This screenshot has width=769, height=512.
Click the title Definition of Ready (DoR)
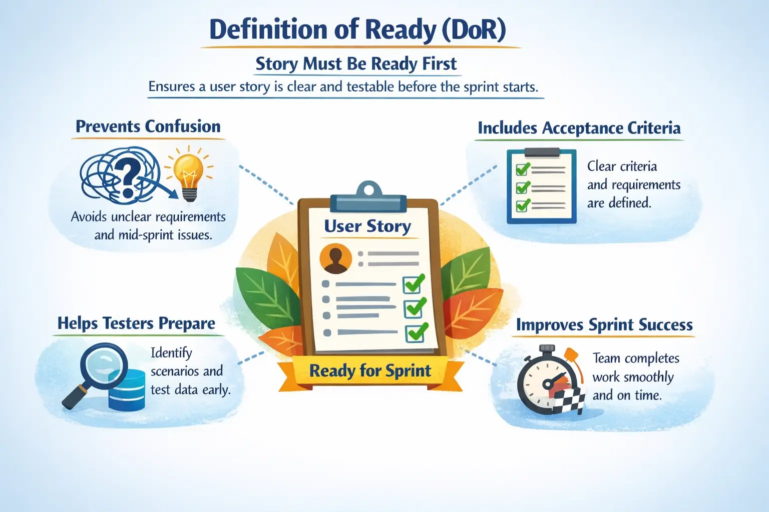[357, 29]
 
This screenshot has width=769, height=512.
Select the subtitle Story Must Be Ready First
[356, 64]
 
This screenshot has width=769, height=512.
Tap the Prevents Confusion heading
[148, 126]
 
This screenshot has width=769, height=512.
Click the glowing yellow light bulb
[189, 171]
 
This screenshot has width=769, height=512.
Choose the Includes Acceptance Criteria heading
[579, 128]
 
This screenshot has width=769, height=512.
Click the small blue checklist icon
[541, 186]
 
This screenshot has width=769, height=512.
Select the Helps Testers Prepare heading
[136, 323]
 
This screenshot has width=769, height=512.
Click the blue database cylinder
[127, 392]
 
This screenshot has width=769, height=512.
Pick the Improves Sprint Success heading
[604, 325]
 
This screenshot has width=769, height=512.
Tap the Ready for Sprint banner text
[370, 371]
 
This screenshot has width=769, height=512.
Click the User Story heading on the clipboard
[367, 226]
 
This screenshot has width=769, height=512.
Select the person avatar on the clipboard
[335, 258]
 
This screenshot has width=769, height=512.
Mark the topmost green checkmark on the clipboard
[414, 283]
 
